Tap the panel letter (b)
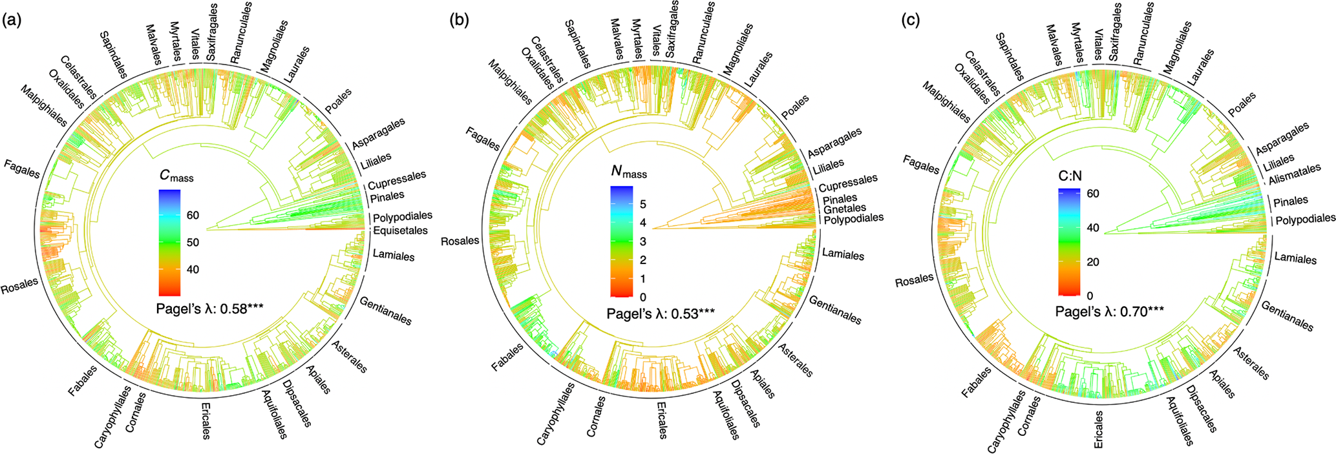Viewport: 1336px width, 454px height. point(460,21)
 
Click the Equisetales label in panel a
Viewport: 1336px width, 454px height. point(400,231)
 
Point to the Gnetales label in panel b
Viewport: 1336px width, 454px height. point(844,209)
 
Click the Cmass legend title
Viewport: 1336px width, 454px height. point(176,176)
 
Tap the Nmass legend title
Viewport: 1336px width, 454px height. point(628,172)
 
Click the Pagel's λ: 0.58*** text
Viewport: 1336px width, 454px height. point(209,309)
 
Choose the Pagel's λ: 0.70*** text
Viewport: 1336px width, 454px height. point(1110,312)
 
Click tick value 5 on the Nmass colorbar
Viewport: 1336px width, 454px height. point(642,205)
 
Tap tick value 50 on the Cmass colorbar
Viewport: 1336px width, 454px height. point(193,243)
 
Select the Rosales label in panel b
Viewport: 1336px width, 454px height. point(460,241)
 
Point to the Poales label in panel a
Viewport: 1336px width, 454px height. point(338,101)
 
